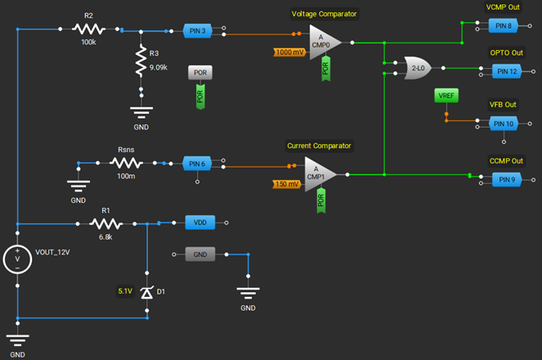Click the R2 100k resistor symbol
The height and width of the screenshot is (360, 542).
[x=88, y=29]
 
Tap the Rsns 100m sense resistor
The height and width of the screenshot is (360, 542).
[x=125, y=164]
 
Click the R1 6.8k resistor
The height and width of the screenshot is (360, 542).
[x=106, y=223]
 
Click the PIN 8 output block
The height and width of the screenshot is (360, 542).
[x=503, y=25]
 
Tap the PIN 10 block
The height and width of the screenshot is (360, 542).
[x=503, y=124]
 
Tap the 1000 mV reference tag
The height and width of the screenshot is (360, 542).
[x=290, y=52]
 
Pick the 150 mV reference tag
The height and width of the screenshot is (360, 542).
[x=288, y=184]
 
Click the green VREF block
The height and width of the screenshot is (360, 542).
[x=446, y=97]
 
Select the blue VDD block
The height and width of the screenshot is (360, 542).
[x=200, y=223]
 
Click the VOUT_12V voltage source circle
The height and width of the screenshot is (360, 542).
[x=17, y=259]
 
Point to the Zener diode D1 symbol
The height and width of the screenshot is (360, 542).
[x=147, y=291]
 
